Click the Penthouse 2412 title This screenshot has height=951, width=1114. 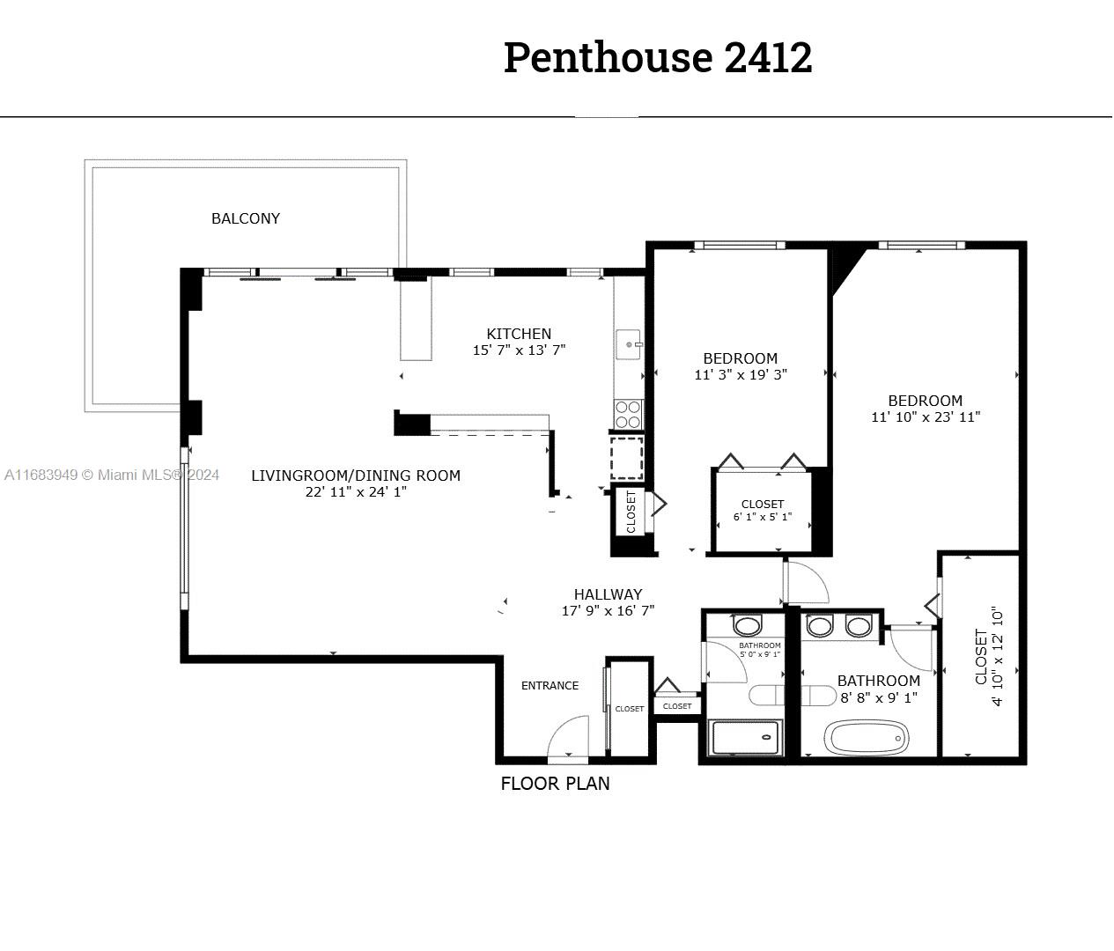pyautogui.click(x=658, y=57)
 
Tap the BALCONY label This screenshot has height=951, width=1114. pyautogui.click(x=245, y=218)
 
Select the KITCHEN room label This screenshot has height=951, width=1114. pyautogui.click(x=519, y=334)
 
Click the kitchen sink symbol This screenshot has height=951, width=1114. pyautogui.click(x=629, y=344)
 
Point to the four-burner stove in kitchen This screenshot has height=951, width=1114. pyautogui.click(x=629, y=415)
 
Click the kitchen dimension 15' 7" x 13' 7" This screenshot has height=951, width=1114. pyautogui.click(x=519, y=350)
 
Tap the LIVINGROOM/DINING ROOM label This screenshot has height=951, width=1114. pyautogui.click(x=356, y=475)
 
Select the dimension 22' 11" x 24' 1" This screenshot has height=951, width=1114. pyautogui.click(x=356, y=492)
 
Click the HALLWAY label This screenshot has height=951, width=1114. pyautogui.click(x=608, y=594)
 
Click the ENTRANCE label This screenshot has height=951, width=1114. pyautogui.click(x=550, y=685)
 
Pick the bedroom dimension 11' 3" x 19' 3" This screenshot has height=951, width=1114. pyautogui.click(x=741, y=374)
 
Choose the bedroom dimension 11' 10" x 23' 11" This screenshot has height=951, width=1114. pyautogui.click(x=926, y=417)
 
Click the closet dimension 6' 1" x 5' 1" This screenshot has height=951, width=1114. pyautogui.click(x=762, y=517)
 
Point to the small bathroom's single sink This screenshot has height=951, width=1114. pyautogui.click(x=747, y=625)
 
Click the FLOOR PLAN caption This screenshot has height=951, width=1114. pyautogui.click(x=555, y=784)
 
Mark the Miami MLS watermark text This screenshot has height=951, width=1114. pyautogui.click(x=112, y=475)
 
